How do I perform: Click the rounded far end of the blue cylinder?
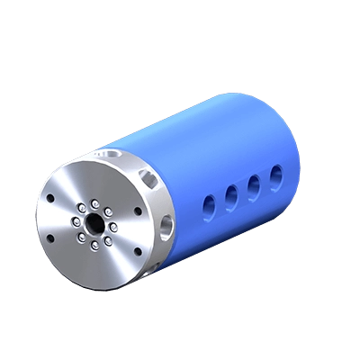297,135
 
